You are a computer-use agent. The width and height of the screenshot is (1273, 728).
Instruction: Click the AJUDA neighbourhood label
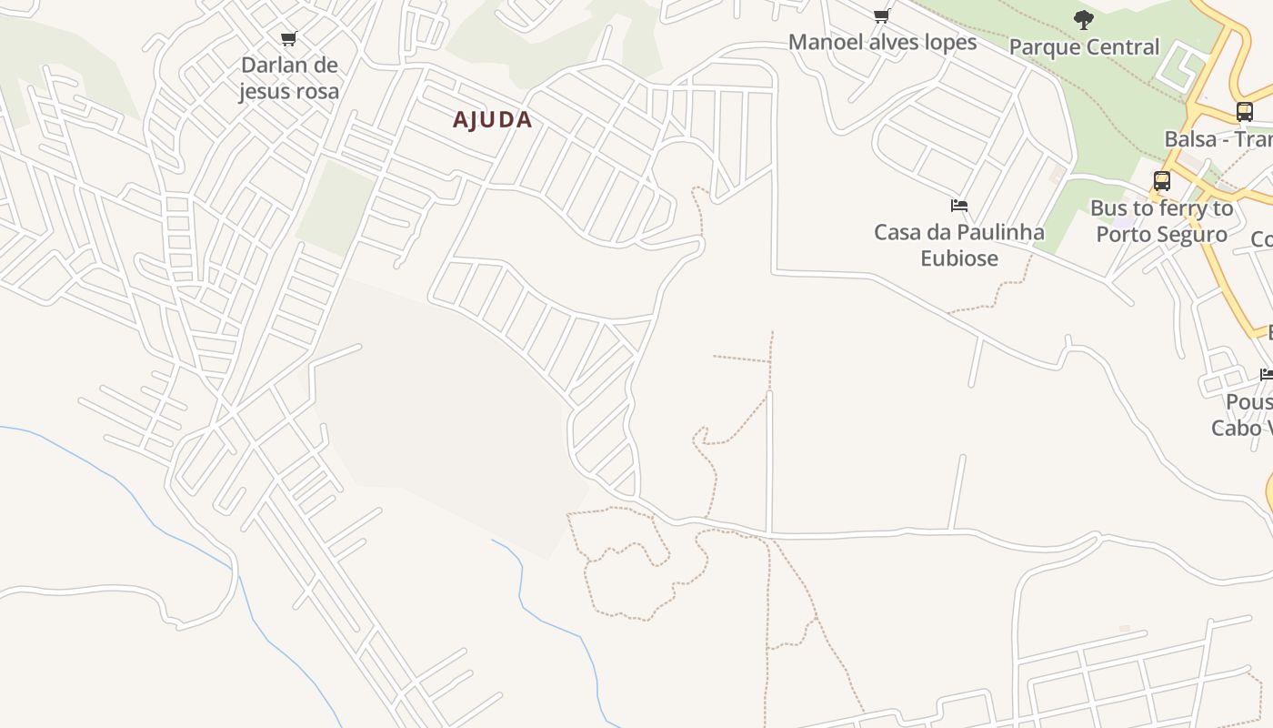[x=492, y=120]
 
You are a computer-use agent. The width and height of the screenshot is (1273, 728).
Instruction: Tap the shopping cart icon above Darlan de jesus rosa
[x=288, y=38]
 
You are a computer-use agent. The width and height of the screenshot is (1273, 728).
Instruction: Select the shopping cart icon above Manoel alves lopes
[x=881, y=16]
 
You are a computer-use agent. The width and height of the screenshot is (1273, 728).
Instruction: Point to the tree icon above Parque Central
[x=1083, y=19]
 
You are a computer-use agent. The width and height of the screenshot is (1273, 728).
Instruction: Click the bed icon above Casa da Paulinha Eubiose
[x=959, y=206]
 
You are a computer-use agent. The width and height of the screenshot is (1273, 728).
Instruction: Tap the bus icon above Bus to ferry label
[x=1161, y=180]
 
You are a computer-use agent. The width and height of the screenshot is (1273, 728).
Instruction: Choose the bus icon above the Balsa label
[x=1244, y=112]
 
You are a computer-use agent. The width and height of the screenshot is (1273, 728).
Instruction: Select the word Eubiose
[x=959, y=258]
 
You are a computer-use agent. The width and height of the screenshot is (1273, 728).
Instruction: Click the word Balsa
[x=1190, y=139]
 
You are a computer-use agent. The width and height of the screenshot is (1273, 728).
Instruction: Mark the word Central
[x=1127, y=47]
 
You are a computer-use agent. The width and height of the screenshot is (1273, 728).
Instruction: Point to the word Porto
[x=1124, y=235]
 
